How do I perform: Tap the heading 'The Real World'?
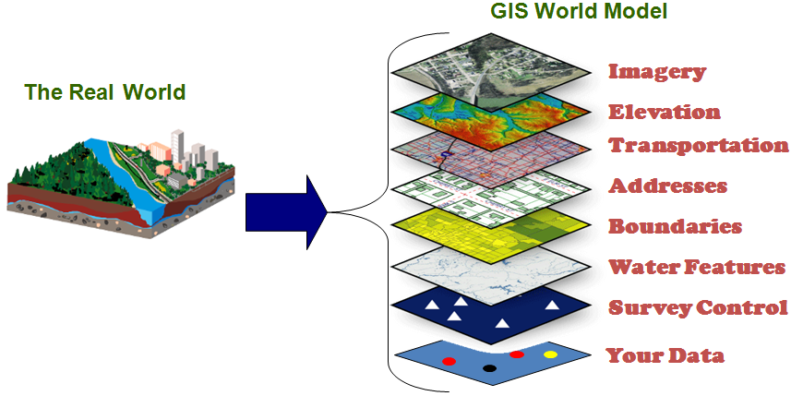[105, 92]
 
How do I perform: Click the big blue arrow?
[286, 213]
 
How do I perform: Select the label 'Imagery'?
[657, 71]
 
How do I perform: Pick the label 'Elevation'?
[664, 112]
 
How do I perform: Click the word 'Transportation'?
[699, 145]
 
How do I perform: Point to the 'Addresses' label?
[667, 186]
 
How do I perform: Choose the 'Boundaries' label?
[675, 226]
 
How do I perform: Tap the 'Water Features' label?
[696, 267]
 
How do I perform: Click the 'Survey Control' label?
[698, 307]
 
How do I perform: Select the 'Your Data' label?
[665, 355]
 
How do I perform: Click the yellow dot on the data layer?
[551, 354]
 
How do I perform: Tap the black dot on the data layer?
[489, 368]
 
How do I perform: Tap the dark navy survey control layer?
[489, 310]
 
